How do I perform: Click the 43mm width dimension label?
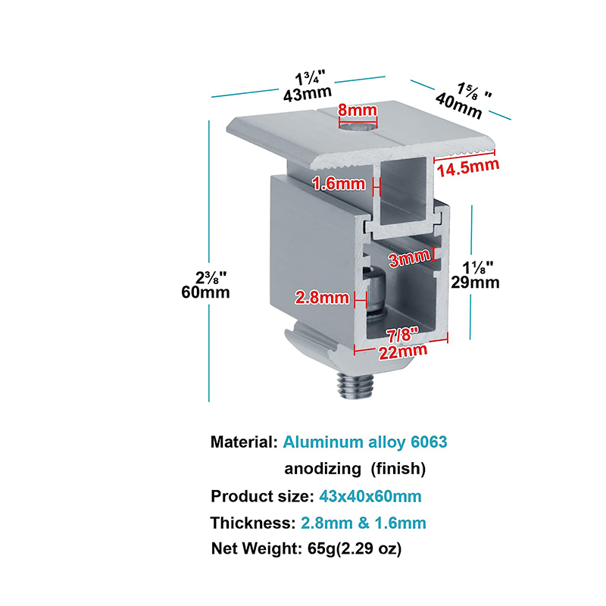click(x=308, y=94)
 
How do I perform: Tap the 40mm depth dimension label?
click(x=459, y=106)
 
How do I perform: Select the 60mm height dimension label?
click(x=205, y=292)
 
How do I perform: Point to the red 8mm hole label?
click(x=358, y=110)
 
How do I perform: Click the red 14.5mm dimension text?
click(x=468, y=168)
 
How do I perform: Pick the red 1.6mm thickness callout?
click(x=339, y=183)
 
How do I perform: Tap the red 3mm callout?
click(x=409, y=258)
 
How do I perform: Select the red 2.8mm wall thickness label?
click(x=322, y=298)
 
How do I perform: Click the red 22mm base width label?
click(x=403, y=351)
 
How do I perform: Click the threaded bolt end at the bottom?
click(x=355, y=386)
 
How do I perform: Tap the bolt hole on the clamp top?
click(x=358, y=127)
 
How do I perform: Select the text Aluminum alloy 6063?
click(x=365, y=442)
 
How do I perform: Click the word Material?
click(x=244, y=442)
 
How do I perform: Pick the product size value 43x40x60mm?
click(x=370, y=496)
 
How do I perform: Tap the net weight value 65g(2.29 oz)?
click(x=355, y=548)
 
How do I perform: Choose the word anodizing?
click(x=323, y=469)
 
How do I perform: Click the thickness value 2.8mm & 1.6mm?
click(x=364, y=523)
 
